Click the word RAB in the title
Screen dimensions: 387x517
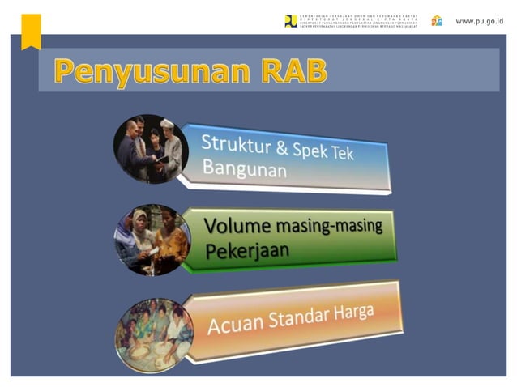tap(294, 71)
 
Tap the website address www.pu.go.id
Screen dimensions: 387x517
tap(478, 20)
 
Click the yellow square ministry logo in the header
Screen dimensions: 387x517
tap(291, 21)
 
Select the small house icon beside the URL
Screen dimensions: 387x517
tap(437, 20)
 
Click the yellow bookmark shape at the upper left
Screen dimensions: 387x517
tap(31, 30)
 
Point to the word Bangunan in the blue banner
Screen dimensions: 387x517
tap(244, 169)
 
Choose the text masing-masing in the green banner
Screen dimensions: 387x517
tap(328, 227)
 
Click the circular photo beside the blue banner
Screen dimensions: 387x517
tap(151, 148)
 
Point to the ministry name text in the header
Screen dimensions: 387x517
tap(357, 21)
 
